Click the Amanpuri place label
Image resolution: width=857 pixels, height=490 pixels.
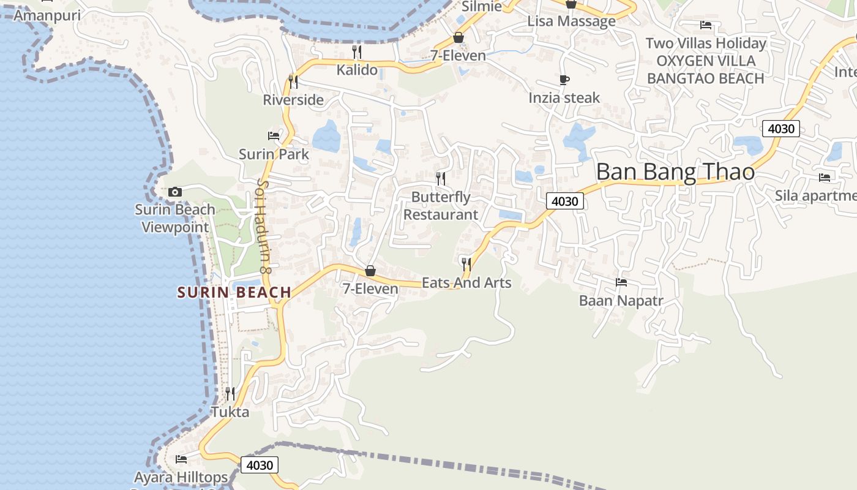coord(47,15)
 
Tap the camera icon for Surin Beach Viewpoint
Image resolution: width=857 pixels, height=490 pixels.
coord(175,192)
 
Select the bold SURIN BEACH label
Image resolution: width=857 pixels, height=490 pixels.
coord(234,293)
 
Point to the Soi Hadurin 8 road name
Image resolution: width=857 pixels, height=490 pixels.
coord(264,225)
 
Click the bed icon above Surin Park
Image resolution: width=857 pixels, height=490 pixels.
coord(274,135)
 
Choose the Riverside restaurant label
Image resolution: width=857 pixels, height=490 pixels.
coord(293,100)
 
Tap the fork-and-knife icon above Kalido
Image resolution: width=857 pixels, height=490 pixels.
coord(357,51)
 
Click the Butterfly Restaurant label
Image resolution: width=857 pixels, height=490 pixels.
coord(441,206)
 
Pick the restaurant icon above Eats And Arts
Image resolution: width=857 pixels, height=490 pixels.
coord(466,264)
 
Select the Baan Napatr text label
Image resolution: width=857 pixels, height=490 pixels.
coord(621,301)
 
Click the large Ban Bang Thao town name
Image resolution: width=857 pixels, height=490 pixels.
coord(675,172)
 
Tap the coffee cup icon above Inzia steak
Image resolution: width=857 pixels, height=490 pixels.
coord(564,80)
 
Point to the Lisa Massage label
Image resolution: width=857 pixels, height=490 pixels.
coord(571,21)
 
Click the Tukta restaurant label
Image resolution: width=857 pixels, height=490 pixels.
coord(230,412)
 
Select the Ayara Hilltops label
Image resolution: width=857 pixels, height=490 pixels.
coord(181,477)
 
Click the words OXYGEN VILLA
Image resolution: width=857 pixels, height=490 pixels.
coord(706,61)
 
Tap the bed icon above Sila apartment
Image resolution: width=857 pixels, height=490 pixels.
coord(825,178)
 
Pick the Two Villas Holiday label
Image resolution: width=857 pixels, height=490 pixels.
coord(706,43)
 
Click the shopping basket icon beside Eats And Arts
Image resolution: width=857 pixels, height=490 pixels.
coord(370,271)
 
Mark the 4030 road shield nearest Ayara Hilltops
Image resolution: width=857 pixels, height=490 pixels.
coord(260,466)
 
